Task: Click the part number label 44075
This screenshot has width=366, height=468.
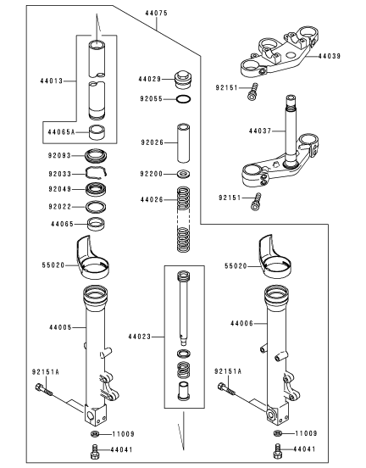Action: coord(156,13)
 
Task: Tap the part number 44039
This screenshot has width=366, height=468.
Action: coord(329,56)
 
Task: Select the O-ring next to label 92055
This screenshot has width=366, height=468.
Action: coord(183,99)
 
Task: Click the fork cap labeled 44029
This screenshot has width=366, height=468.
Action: coord(182,80)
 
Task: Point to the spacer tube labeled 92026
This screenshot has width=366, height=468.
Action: coord(184,142)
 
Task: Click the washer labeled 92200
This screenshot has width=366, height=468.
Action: coord(184,174)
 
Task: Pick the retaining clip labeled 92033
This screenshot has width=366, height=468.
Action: coord(97,174)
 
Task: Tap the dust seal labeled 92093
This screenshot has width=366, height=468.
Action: coord(96,155)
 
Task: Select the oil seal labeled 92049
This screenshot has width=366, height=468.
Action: coord(96,189)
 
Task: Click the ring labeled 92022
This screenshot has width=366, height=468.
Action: coord(96,207)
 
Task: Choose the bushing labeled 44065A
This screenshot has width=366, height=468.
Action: coord(97,131)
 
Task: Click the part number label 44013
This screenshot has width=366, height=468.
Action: coord(52,81)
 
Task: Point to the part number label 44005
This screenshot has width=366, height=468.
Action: coord(60,327)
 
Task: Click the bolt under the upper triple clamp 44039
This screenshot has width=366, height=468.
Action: coord(252,92)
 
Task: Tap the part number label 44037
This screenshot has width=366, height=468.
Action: coord(260,131)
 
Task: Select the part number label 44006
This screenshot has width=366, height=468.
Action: coord(241,323)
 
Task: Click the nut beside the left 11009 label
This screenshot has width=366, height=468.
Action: coord(94,433)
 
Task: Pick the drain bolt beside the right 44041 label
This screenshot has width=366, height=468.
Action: coord(277,451)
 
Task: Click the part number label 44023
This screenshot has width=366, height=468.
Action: coord(140,337)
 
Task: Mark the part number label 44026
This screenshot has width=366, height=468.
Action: coord(152,200)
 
